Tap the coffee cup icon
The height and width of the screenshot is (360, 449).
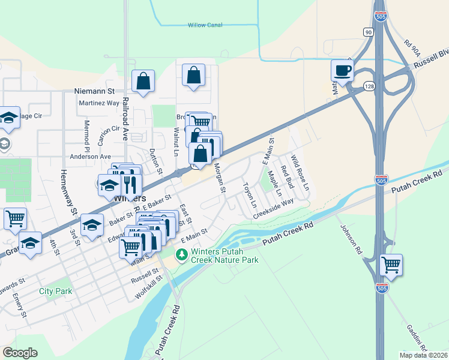pos(342,70)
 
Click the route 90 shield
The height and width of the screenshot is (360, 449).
pos(367,31)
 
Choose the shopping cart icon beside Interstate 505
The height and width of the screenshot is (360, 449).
pos(391,264)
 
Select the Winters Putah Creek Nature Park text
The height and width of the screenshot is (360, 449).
pos(224,256)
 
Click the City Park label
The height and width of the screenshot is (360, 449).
pos(55,291)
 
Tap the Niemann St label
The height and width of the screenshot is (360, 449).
pos(94,92)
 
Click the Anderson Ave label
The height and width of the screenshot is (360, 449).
pos(91,156)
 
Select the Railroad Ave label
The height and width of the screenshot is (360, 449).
pos(126,118)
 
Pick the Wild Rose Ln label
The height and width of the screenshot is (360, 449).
pos(300,173)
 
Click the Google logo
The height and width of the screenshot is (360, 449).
pos(20,353)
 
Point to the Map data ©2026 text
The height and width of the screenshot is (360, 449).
pos(424,355)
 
